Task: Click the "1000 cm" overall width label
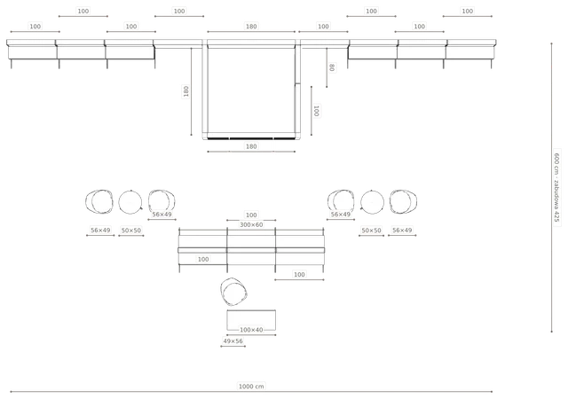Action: pyautogui.click(x=251, y=387)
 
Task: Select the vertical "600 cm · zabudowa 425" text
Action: pyautogui.click(x=556, y=188)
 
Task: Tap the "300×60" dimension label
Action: pyautogui.click(x=251, y=224)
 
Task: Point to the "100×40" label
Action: pyautogui.click(x=251, y=330)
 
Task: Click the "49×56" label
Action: pyautogui.click(x=233, y=341)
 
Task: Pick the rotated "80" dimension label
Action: pyautogui.click(x=332, y=67)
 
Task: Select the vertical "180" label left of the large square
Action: pyautogui.click(x=185, y=91)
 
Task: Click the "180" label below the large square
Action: pyautogui.click(x=251, y=146)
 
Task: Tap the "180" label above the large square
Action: pyautogui.click(x=251, y=27)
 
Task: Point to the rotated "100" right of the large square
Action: pyautogui.click(x=316, y=111)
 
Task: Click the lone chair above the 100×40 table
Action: pyautogui.click(x=234, y=292)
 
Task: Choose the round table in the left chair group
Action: pyautogui.click(x=130, y=202)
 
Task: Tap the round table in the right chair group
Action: pyautogui.click(x=372, y=202)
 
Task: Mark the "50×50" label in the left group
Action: pyautogui.click(x=131, y=231)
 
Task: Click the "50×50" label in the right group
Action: pyautogui.click(x=371, y=231)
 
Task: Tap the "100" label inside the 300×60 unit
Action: pyautogui.click(x=203, y=259)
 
